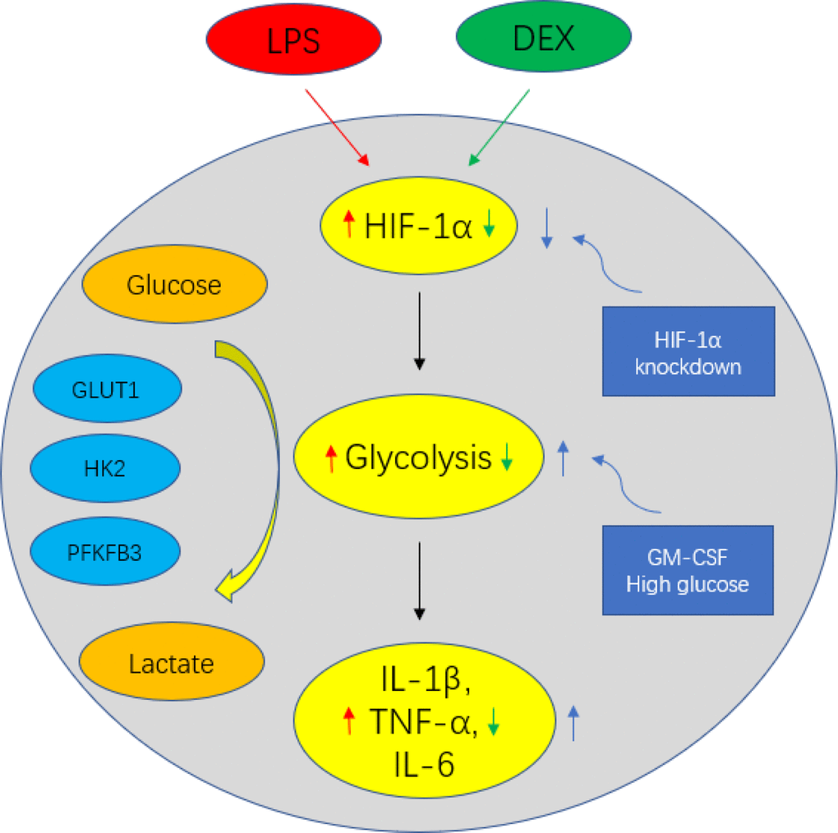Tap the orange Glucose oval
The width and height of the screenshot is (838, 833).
coord(174,285)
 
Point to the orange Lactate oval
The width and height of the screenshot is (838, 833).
coord(172,663)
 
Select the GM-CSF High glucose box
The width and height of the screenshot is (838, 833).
coord(688,571)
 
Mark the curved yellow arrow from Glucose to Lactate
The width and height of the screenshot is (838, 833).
coord(261,460)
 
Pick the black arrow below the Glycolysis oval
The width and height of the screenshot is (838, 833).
coord(420,578)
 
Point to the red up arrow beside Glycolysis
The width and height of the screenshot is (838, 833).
coord(331,458)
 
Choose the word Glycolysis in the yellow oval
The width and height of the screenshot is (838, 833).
coord(418,458)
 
